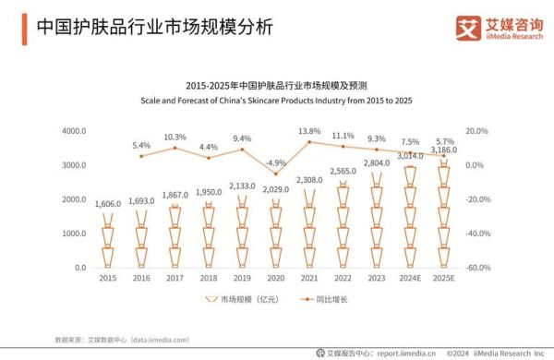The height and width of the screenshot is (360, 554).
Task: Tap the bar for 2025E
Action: pyautogui.click(x=442, y=213)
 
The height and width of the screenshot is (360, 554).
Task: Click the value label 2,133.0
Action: pyautogui.click(x=242, y=185)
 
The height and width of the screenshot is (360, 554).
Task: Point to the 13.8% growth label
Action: pyautogui.click(x=309, y=131)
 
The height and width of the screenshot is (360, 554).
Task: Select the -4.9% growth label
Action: pyautogui.click(x=275, y=162)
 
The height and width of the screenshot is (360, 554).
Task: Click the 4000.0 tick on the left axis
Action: pyautogui.click(x=74, y=131)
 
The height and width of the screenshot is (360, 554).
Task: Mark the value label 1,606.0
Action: pyautogui.click(x=108, y=202)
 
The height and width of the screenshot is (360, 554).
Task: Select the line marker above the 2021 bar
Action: pyautogui.click(x=309, y=141)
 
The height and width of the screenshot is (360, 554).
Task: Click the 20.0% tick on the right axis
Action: pyautogui.click(x=476, y=131)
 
